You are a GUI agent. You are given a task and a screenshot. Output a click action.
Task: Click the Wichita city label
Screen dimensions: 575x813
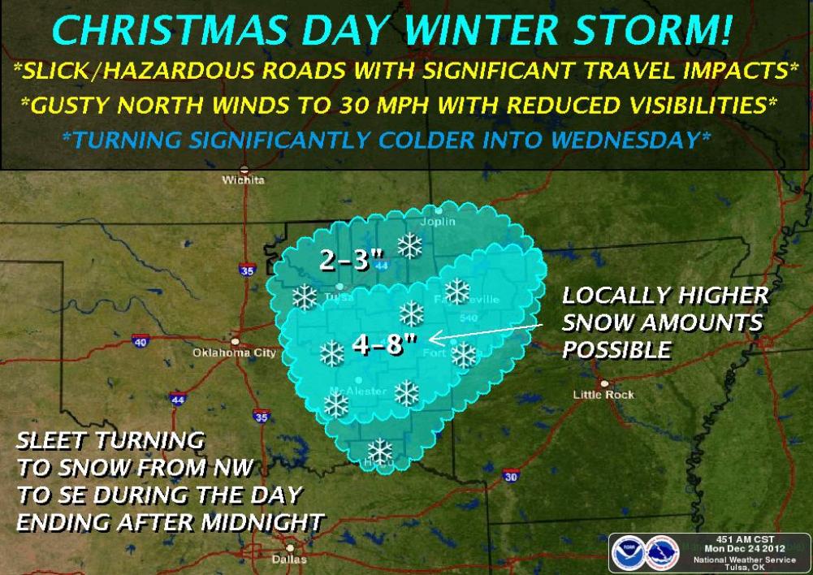[x=243, y=179]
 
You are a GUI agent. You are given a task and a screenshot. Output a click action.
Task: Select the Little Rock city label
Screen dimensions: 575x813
[x=603, y=394]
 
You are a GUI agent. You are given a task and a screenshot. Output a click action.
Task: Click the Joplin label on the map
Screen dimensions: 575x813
[x=438, y=222]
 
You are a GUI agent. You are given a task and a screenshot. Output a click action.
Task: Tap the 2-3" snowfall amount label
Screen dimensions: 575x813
[x=351, y=261]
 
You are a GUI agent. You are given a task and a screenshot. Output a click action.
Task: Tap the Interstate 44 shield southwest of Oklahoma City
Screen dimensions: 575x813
[x=178, y=400]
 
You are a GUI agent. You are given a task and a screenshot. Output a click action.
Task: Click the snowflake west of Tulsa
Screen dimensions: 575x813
[x=305, y=298]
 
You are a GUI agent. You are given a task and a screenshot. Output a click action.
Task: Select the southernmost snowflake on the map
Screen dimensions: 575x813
[x=379, y=450]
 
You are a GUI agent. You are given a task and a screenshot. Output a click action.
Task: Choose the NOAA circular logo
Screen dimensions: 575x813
[x=629, y=553]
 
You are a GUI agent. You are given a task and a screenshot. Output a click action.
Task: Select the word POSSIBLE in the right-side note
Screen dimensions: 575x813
[x=617, y=350]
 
